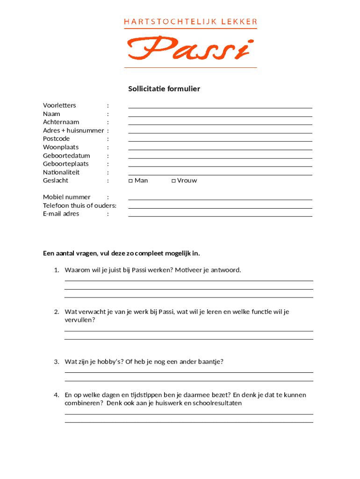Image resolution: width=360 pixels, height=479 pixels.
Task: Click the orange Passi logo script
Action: pyautogui.click(x=190, y=49)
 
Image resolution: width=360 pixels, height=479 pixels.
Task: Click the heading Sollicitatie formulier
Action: pyautogui.click(x=164, y=89)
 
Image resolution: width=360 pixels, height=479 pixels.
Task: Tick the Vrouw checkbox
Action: pyautogui.click(x=173, y=181)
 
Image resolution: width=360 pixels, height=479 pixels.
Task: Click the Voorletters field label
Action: pyautogui.click(x=59, y=105)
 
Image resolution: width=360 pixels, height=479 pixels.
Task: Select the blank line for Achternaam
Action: pyautogui.click(x=220, y=124)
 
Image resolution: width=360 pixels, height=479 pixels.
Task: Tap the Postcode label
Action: pyautogui.click(x=56, y=139)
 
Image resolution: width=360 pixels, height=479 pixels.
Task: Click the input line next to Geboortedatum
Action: pyautogui.click(x=220, y=158)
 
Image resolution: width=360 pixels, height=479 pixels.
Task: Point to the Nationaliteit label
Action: pyautogui.click(x=61, y=172)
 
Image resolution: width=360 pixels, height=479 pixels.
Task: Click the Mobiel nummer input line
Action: pyautogui.click(x=220, y=199)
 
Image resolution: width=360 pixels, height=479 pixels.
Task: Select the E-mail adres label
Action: pyautogui.click(x=61, y=214)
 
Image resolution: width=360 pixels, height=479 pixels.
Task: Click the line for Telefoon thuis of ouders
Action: pyautogui.click(x=220, y=208)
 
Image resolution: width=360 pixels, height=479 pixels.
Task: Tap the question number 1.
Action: pyautogui.click(x=56, y=270)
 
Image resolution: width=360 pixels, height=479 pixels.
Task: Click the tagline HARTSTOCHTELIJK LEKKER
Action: pyautogui.click(x=190, y=22)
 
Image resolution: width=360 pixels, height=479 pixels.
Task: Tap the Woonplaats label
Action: pyautogui.click(x=61, y=147)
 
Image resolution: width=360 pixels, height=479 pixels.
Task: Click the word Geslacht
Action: pyautogui.click(x=56, y=181)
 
